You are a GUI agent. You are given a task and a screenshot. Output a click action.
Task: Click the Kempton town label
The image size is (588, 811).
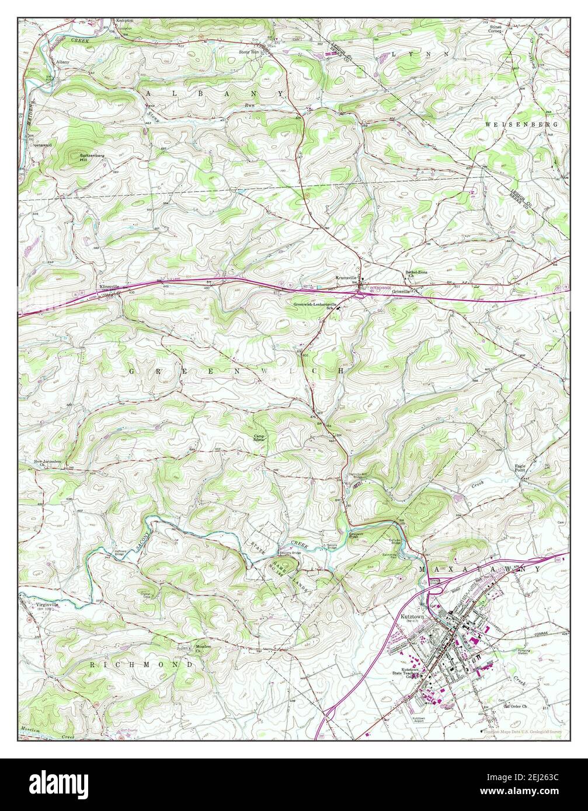click(125, 20)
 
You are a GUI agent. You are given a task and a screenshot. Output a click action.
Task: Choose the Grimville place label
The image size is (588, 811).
click(402, 291)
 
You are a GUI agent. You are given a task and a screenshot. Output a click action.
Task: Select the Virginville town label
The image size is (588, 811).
click(47, 605)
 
